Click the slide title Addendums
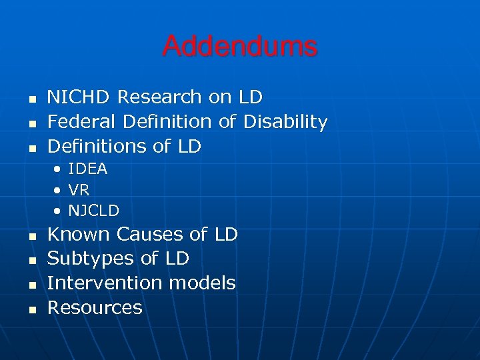[x=239, y=47]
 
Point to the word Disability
[x=285, y=122]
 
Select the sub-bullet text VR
[x=79, y=190]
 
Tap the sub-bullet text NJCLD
[x=93, y=211]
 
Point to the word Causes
[x=150, y=235]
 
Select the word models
[x=202, y=283]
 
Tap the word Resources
[x=95, y=308]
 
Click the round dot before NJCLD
[x=59, y=212]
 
